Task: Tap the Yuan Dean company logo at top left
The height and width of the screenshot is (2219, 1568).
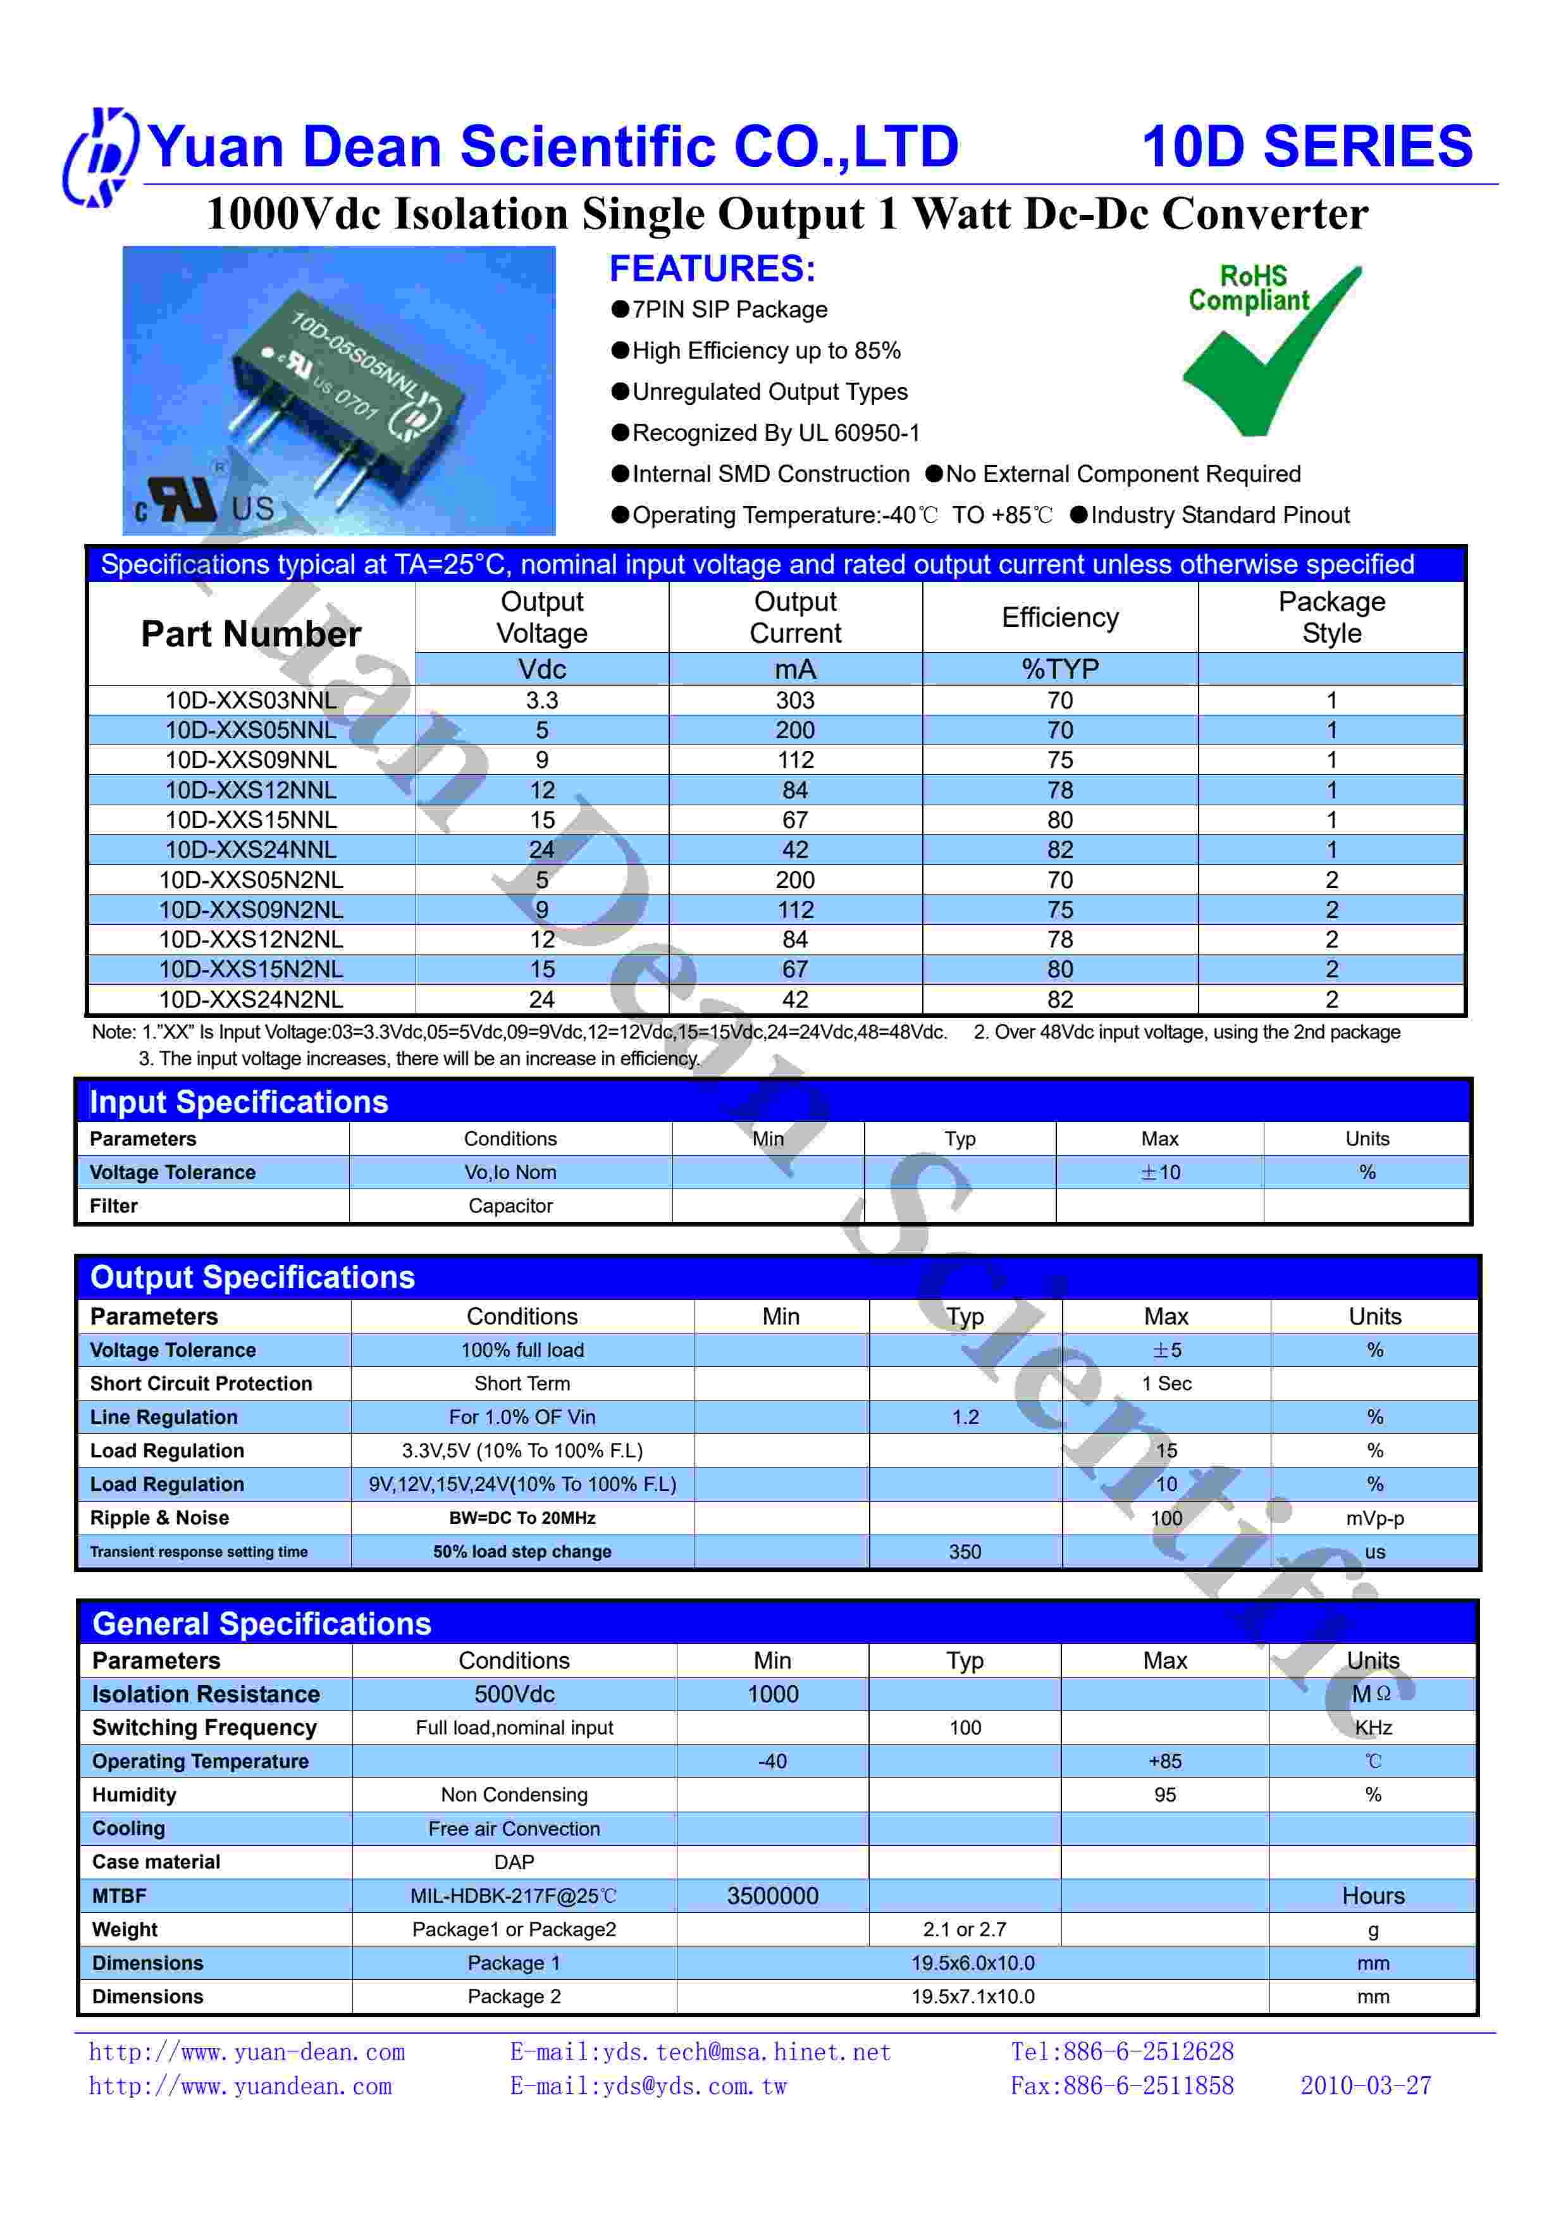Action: (x=99, y=157)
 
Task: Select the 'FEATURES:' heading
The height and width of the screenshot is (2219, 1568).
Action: (x=712, y=269)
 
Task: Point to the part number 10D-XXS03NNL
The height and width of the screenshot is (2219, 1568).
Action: (x=251, y=701)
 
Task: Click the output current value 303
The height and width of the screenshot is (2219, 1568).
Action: (x=795, y=701)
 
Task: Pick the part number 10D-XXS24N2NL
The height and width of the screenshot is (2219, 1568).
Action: (x=251, y=999)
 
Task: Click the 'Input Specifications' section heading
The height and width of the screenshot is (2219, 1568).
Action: (x=238, y=1102)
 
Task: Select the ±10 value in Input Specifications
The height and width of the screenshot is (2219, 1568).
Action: (x=1160, y=1172)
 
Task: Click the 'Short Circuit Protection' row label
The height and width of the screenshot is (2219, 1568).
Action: (x=201, y=1384)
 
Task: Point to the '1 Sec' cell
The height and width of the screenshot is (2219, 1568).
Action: (x=1166, y=1384)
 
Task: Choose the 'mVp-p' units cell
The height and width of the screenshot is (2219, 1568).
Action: (x=1375, y=1518)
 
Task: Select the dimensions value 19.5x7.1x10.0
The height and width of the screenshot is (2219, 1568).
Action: (x=973, y=1997)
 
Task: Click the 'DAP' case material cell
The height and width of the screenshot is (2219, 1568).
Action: (x=514, y=1862)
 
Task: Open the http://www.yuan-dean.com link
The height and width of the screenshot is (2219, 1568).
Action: (x=247, y=2053)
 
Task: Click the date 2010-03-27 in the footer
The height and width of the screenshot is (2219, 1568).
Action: (x=1365, y=2086)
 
